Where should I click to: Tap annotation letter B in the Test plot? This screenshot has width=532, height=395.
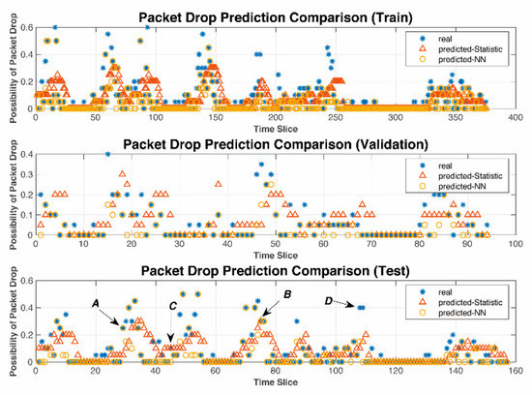click(287, 294)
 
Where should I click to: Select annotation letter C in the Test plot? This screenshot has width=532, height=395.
click(172, 307)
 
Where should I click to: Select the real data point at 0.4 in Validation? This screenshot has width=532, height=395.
click(107, 155)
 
